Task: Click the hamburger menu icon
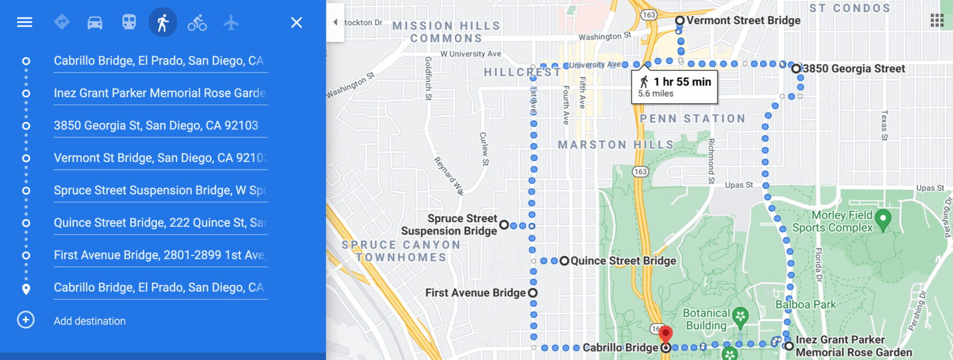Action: coord(24,22)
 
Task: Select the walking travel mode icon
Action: coord(163,22)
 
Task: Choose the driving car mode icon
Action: coord(95,22)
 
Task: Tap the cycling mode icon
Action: coord(197,22)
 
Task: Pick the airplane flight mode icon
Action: coord(231,22)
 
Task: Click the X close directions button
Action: coord(296,22)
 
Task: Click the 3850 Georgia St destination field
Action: coord(156,125)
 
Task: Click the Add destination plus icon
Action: coord(26,320)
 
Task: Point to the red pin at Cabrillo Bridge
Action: coord(666,334)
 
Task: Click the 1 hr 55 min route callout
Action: coord(675,86)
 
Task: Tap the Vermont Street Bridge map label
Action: coord(743,21)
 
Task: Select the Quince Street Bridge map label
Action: coord(623,260)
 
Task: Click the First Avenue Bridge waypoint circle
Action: coord(533,293)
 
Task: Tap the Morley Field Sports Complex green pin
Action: coord(883,218)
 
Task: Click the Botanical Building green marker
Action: coord(740,316)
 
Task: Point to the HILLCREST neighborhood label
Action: coord(522,72)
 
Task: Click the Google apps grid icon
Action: coord(937,21)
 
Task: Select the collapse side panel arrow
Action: coord(335,22)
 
